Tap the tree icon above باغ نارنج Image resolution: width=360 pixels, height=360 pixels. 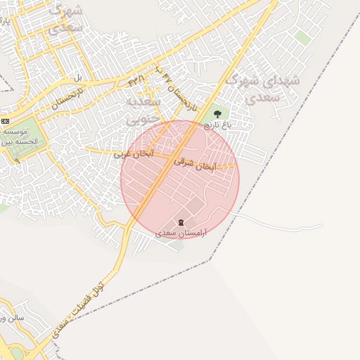tap(217, 112)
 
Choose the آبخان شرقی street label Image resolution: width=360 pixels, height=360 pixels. tap(205, 165)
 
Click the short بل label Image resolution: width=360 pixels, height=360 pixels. tap(79, 76)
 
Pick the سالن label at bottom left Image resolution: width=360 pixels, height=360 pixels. tap(10, 318)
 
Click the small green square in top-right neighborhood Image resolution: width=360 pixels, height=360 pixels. tap(303, 37)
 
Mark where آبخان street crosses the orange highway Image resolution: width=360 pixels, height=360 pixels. tap(167, 158)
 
